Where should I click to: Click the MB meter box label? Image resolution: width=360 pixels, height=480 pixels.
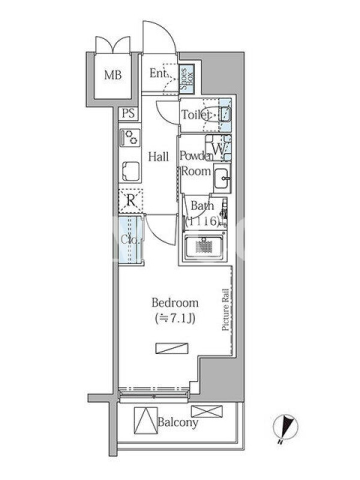click(x=113, y=75)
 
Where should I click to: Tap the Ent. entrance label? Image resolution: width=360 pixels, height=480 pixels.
click(x=158, y=73)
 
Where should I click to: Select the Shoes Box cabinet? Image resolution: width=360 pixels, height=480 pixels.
click(x=187, y=79)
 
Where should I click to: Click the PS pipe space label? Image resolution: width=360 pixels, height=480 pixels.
click(x=128, y=113)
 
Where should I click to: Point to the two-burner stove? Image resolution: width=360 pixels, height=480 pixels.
click(x=131, y=138)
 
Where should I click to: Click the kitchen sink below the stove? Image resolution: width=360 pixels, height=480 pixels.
click(x=131, y=171)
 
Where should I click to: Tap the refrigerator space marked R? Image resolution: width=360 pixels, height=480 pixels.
click(x=131, y=201)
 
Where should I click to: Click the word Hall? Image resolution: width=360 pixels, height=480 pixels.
click(x=158, y=157)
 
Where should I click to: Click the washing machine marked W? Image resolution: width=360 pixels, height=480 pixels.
click(x=218, y=148)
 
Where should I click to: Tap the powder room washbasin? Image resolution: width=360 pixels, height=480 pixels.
click(x=222, y=178)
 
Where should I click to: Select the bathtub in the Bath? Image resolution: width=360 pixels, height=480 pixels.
click(x=204, y=246)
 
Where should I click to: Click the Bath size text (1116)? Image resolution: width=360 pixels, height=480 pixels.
click(x=202, y=221)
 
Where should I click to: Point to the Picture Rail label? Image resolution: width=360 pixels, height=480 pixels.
click(x=226, y=310)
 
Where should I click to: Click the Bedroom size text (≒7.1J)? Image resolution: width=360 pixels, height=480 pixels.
click(x=175, y=319)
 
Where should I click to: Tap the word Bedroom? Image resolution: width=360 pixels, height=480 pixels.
click(x=175, y=303)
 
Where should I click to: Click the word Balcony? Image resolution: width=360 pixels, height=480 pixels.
click(x=178, y=422)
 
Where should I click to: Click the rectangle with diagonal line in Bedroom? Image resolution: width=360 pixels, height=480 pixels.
click(x=172, y=349)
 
